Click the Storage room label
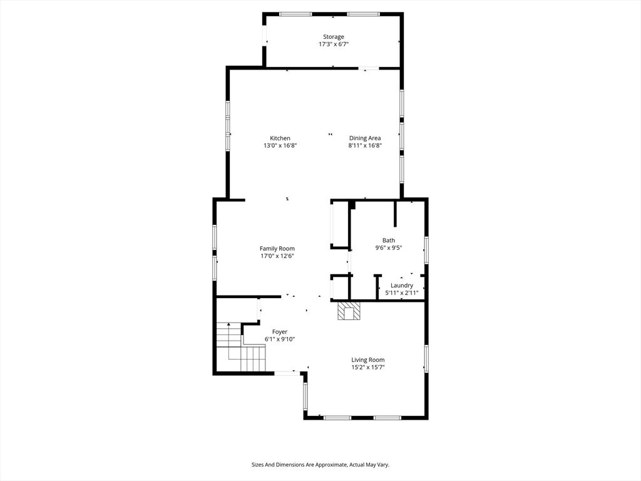click(x=334, y=37)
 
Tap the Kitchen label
click(x=280, y=138)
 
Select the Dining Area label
click(x=365, y=138)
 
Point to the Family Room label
click(x=277, y=249)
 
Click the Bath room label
click(x=389, y=240)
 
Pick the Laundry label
click(x=402, y=286)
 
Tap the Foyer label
click(x=280, y=332)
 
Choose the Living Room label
click(x=368, y=360)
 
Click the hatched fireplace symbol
click(x=349, y=311)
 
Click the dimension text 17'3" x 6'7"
click(x=334, y=44)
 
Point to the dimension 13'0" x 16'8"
click(x=280, y=145)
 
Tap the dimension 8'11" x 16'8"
click(x=365, y=145)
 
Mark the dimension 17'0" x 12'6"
click(x=277, y=256)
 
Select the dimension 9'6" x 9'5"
click(x=389, y=248)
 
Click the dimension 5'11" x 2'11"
click(x=402, y=293)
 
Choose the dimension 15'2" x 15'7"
click(x=368, y=367)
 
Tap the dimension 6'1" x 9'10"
click(x=280, y=339)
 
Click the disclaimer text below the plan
click(x=320, y=465)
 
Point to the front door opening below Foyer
click(x=287, y=373)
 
